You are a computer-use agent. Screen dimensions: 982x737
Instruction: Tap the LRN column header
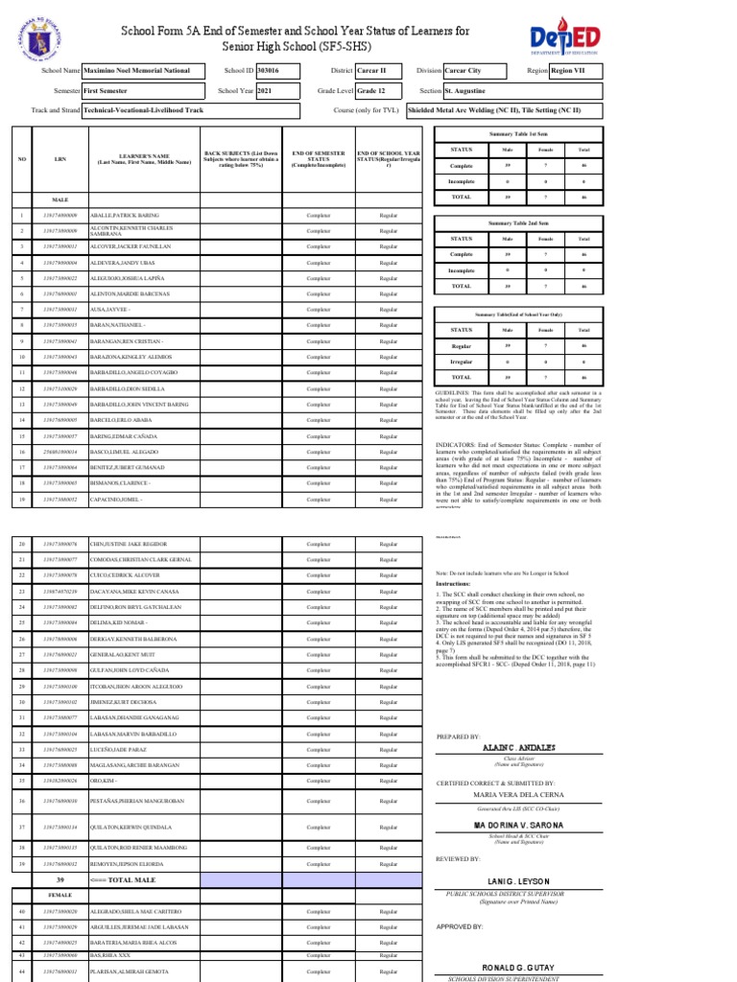(59, 159)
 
